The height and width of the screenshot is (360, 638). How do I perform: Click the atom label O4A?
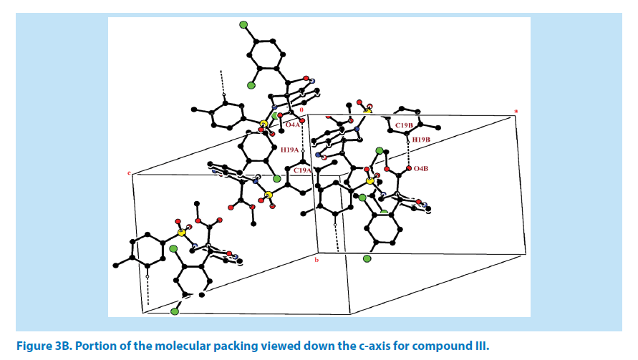pyautogui.click(x=294, y=125)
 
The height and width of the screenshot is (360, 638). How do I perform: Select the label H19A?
pyautogui.click(x=290, y=150)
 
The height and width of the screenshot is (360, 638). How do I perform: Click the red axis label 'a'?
pyautogui.click(x=516, y=110)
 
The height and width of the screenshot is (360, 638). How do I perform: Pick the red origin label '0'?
pyautogui.click(x=301, y=109)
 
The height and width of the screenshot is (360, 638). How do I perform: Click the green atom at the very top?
pyautogui.click(x=243, y=26)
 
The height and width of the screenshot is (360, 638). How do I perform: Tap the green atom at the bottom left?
pyautogui.click(x=175, y=312)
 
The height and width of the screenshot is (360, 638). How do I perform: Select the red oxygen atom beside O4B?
pyautogui.click(x=408, y=169)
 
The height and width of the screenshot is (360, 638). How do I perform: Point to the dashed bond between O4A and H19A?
pyautogui.click(x=303, y=138)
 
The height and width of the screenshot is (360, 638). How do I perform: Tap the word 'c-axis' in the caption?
pyautogui.click(x=355, y=346)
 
